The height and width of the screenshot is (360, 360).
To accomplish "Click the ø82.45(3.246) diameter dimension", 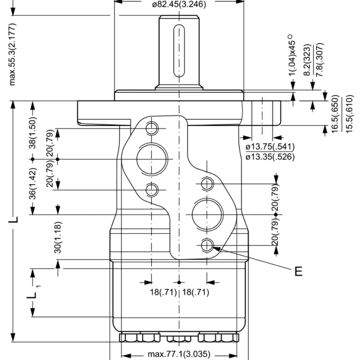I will (179, 5).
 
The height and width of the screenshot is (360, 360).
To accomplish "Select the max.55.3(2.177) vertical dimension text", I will (13, 54).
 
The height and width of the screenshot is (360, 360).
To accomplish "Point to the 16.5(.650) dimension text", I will (335, 114).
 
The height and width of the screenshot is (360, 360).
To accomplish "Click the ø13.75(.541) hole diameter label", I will (270, 147).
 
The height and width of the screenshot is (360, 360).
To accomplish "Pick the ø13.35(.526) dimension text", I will (270, 157).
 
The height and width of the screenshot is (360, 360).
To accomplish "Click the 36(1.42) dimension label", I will (33, 184).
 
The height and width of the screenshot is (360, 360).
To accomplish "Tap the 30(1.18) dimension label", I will (58, 238).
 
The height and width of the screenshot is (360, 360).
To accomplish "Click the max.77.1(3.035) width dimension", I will (179, 354).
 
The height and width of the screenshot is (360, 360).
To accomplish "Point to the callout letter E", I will (298, 271).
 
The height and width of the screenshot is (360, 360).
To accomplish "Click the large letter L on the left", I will (13, 220).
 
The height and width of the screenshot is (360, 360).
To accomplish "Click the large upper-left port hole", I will (152, 158).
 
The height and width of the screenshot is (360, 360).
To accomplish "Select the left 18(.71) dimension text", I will (163, 292).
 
